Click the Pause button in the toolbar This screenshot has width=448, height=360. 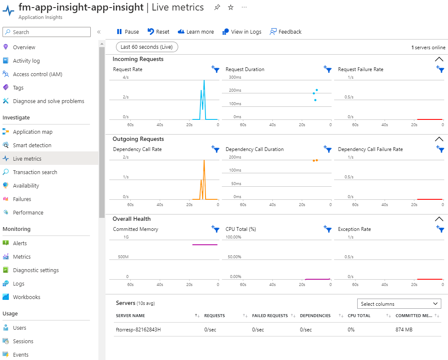click(x=128, y=32)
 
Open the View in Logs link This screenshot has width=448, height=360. click(x=242, y=32)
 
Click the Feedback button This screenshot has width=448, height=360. click(x=286, y=32)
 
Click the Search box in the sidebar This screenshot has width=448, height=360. click(x=47, y=32)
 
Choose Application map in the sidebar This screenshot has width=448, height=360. click(x=33, y=132)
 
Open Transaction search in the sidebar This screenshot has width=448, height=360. click(x=35, y=172)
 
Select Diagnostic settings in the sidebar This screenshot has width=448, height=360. click(x=36, y=270)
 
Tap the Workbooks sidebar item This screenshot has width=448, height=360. click(x=26, y=297)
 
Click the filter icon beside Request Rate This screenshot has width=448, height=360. click(x=216, y=69)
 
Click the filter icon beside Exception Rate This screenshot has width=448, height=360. click(x=440, y=229)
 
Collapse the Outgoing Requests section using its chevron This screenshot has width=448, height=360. click(x=439, y=139)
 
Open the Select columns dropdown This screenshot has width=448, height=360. click(x=399, y=304)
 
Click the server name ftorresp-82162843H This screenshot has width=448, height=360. click(x=138, y=329)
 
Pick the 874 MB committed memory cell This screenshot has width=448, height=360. click(x=404, y=329)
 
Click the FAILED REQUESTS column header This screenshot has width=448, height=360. click(x=270, y=315)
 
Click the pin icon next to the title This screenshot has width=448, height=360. click(x=217, y=8)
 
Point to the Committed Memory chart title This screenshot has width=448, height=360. click(x=136, y=229)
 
